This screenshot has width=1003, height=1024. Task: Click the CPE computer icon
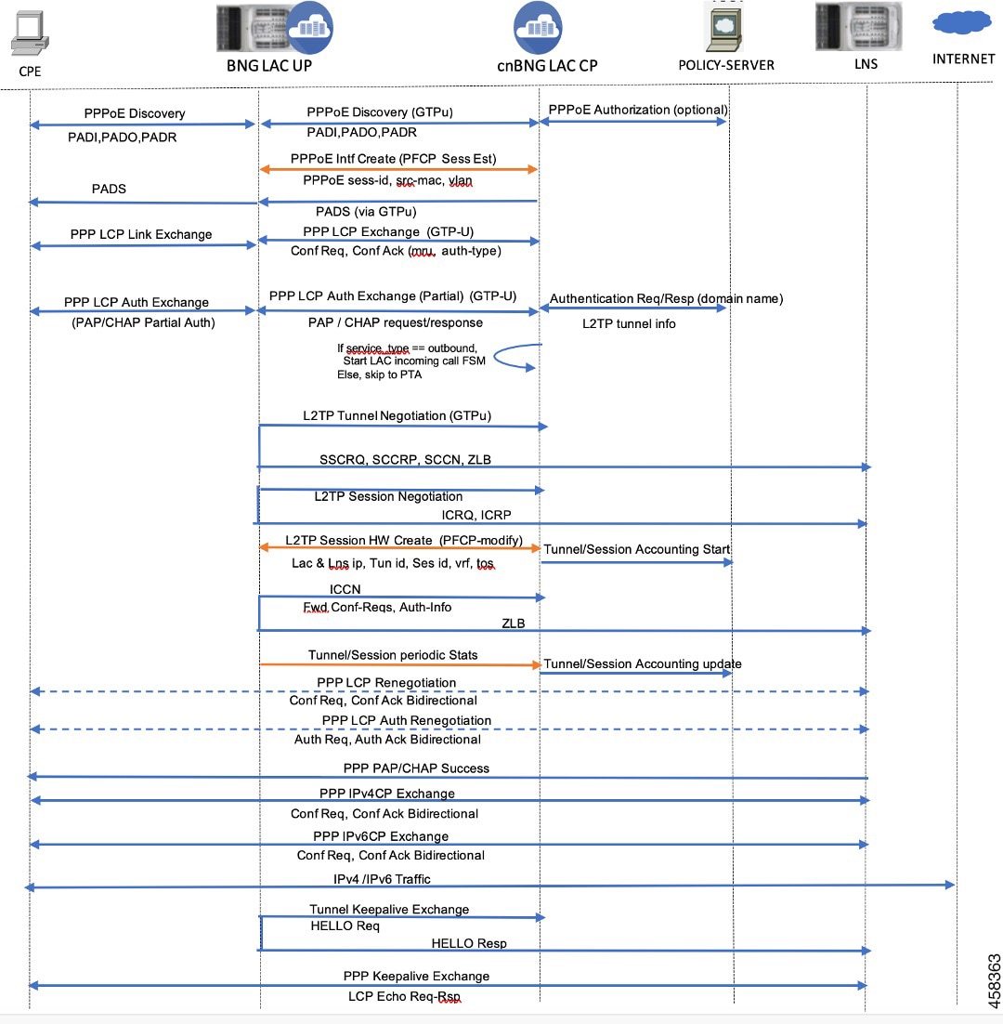pyautogui.click(x=30, y=33)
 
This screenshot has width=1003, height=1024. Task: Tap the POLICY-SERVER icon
pyautogui.click(x=724, y=27)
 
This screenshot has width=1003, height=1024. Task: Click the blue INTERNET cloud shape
pyautogui.click(x=962, y=22)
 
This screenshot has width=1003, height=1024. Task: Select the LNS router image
pyautogui.click(x=859, y=26)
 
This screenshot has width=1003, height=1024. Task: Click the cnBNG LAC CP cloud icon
pyautogui.click(x=538, y=28)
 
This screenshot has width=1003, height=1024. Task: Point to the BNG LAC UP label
pyautogui.click(x=268, y=65)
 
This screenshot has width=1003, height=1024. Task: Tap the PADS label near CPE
pyautogui.click(x=109, y=189)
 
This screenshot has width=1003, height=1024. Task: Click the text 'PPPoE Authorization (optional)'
pyautogui.click(x=638, y=110)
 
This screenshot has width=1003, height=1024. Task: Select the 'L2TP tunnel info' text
pyautogui.click(x=629, y=324)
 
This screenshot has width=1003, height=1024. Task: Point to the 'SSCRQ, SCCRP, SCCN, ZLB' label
pyautogui.click(x=405, y=460)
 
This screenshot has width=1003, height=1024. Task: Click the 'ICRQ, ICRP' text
pyautogui.click(x=476, y=516)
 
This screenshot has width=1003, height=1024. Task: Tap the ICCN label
pyautogui.click(x=345, y=589)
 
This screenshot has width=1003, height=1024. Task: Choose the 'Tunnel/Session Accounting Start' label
pyautogui.click(x=636, y=549)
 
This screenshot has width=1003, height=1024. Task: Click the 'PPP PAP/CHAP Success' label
pyautogui.click(x=416, y=768)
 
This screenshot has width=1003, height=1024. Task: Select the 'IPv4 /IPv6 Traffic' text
pyautogui.click(x=382, y=879)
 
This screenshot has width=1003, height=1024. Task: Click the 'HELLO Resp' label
pyautogui.click(x=469, y=944)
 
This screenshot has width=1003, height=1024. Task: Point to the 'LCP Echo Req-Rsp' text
pyautogui.click(x=404, y=996)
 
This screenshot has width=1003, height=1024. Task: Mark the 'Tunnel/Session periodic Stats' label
pyautogui.click(x=393, y=655)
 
